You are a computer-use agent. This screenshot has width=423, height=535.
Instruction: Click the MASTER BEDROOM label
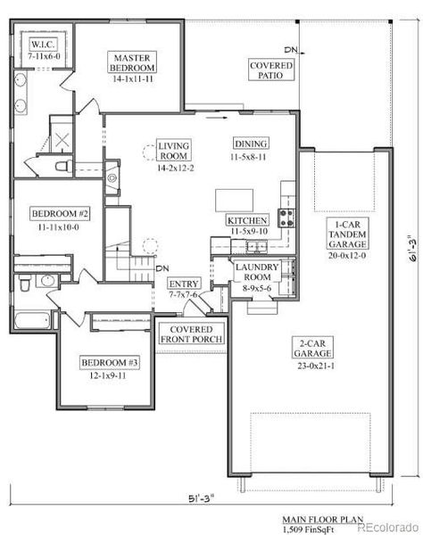click(x=131, y=62)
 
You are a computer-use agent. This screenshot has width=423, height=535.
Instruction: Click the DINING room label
click(x=251, y=144)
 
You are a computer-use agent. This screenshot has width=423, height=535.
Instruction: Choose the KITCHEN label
click(x=247, y=220)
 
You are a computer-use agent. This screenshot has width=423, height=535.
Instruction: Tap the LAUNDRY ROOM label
click(x=257, y=272)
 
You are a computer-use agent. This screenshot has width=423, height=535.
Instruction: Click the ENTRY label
click(x=185, y=284)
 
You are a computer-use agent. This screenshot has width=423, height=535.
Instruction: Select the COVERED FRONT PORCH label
click(x=190, y=333)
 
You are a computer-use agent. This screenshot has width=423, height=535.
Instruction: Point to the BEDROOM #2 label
click(x=60, y=214)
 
